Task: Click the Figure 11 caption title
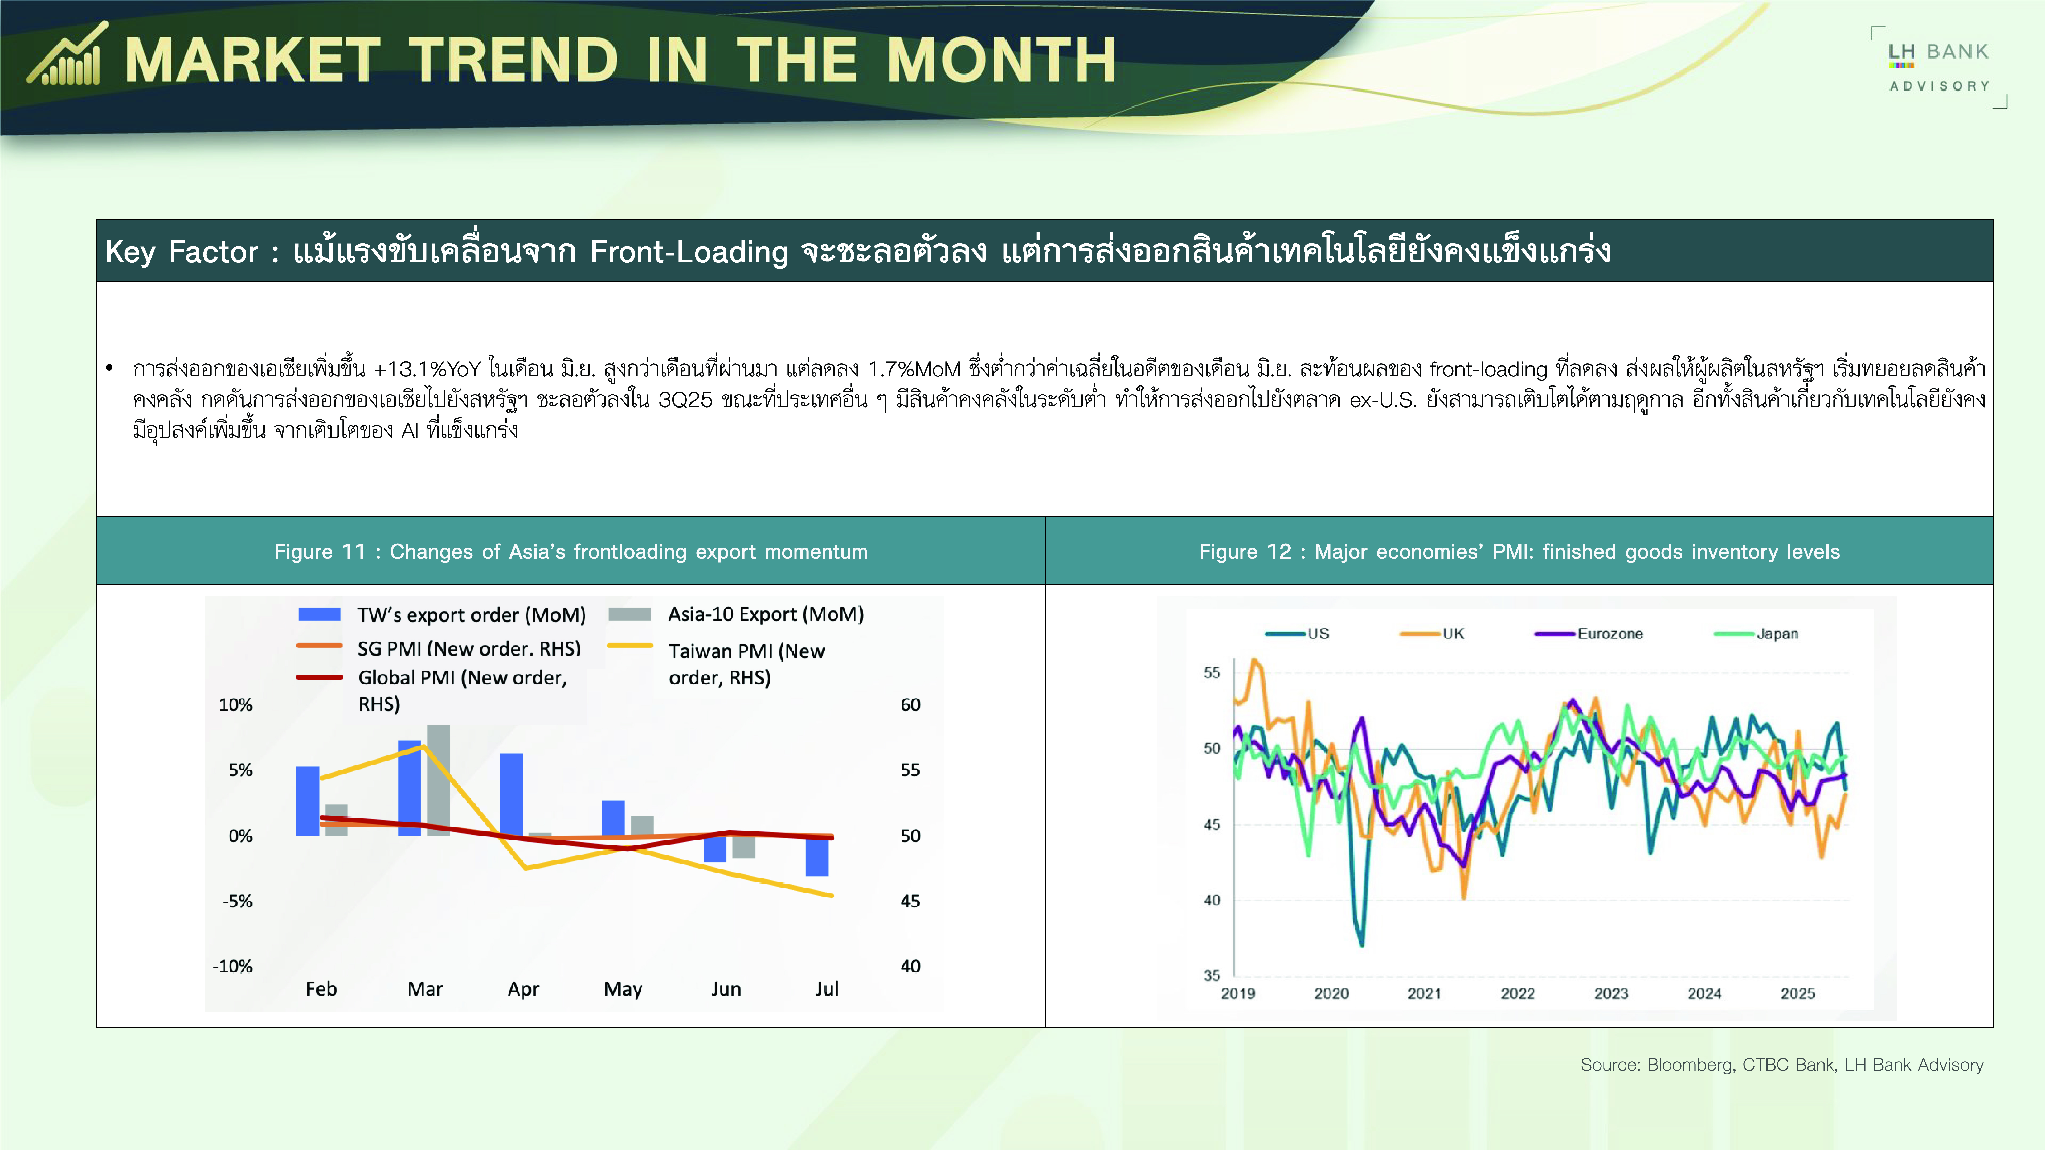pos(571,552)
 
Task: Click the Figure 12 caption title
pos(1519,552)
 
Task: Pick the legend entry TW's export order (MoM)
pos(441,614)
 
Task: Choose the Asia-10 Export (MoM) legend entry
pos(736,614)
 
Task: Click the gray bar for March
pos(438,780)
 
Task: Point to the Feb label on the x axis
pos(321,989)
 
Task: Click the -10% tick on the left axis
pos(232,967)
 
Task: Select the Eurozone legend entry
pos(1589,633)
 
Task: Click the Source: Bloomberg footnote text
pos(1781,1065)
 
